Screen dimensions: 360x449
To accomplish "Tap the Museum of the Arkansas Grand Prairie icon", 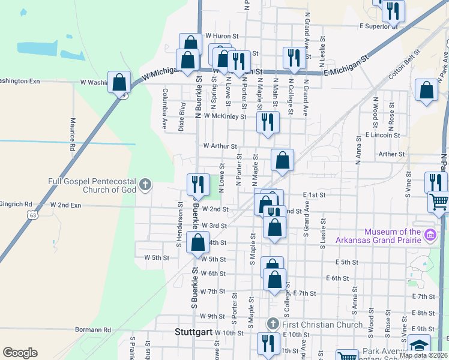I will [430, 233].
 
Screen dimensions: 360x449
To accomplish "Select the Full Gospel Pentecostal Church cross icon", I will [145, 185].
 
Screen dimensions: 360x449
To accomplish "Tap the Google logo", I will [20, 353].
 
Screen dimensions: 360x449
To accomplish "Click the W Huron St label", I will [222, 36].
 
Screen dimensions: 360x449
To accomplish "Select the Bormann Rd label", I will [93, 329].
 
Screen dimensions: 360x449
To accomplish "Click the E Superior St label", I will [379, 26].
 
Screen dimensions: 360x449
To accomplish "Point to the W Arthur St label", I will [220, 146].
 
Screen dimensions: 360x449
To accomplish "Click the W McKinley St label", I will [225, 116].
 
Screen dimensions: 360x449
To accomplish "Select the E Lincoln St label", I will [382, 136].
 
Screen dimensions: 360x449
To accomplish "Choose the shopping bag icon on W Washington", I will [119, 82].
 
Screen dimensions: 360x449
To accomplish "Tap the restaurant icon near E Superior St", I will [393, 11].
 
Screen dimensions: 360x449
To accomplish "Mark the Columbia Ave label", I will [164, 101].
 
